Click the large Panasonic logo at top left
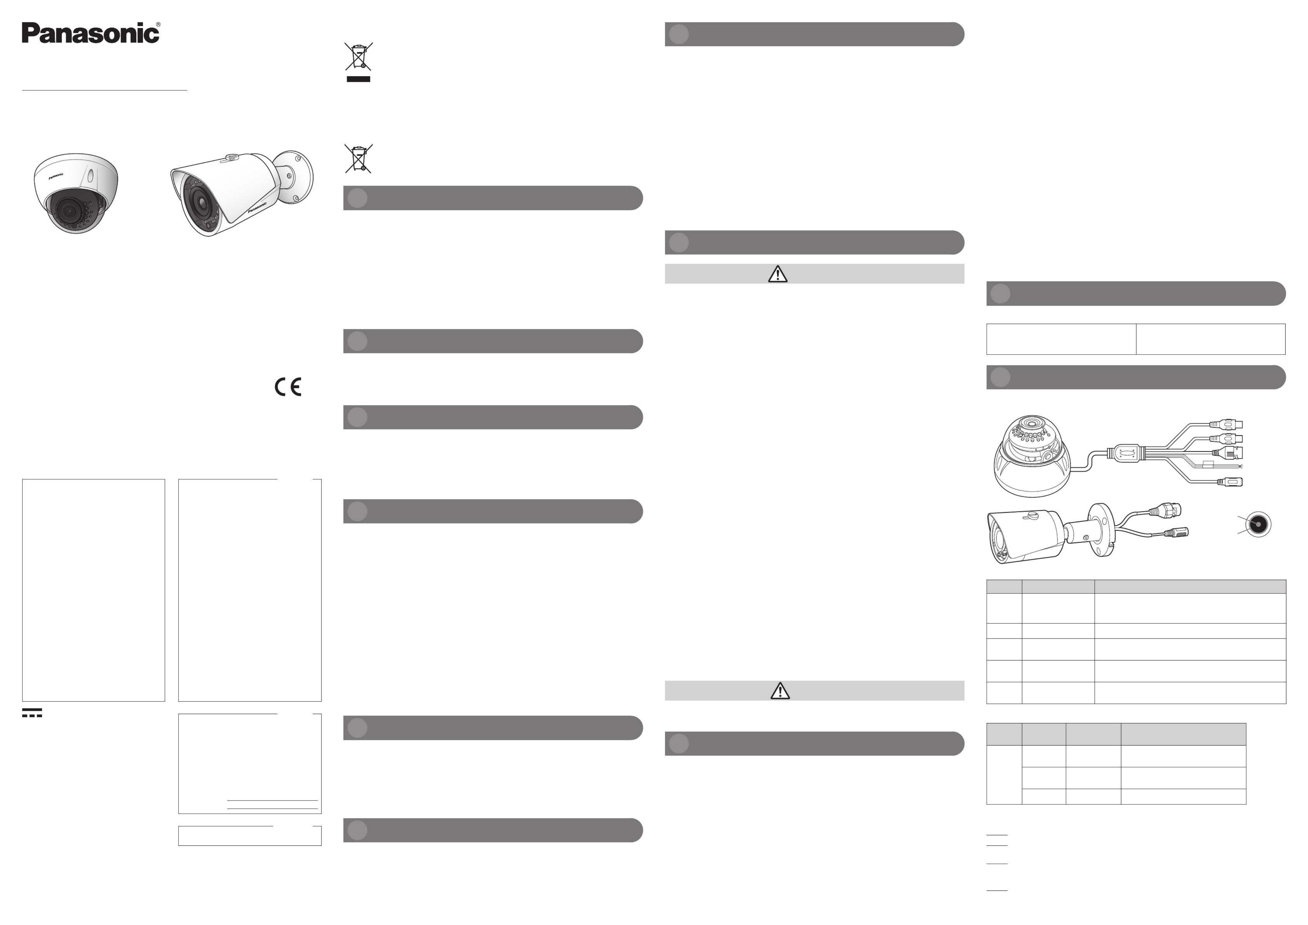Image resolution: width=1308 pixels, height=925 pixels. [91, 33]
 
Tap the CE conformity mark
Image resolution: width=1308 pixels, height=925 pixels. [288, 387]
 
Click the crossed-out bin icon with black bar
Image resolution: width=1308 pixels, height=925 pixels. [358, 61]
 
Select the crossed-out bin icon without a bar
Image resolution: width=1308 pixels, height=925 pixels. [358, 158]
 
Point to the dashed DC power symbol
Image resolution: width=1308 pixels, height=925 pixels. [32, 713]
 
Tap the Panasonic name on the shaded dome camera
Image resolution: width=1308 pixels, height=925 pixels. [56, 176]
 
